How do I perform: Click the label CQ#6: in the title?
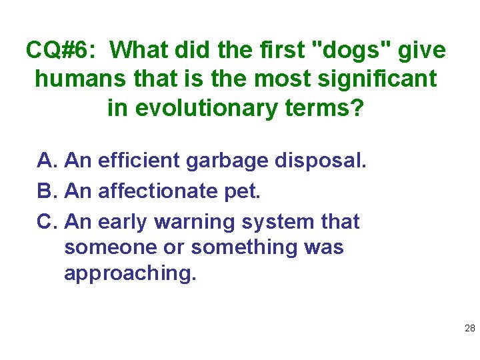pyautogui.click(x=61, y=50)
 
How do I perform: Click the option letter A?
pyautogui.click(x=47, y=161)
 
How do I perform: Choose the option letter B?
pyautogui.click(x=47, y=191)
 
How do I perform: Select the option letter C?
pyautogui.click(x=47, y=221)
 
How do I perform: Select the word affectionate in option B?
pyautogui.click(x=157, y=191)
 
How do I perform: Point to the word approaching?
pyautogui.click(x=130, y=274)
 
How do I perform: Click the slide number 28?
pyautogui.click(x=469, y=328)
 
